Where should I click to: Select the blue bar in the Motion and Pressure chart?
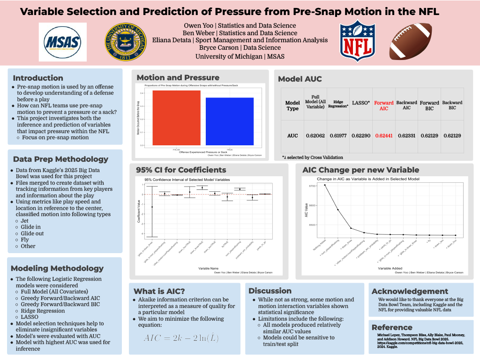[x=223, y=121]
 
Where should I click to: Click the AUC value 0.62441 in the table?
[x=383, y=135]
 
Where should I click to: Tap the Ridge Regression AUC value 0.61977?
[x=338, y=135]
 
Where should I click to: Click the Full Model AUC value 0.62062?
[x=315, y=135]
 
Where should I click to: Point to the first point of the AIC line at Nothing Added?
[x=325, y=185]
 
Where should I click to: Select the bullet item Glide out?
[x=32, y=233]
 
